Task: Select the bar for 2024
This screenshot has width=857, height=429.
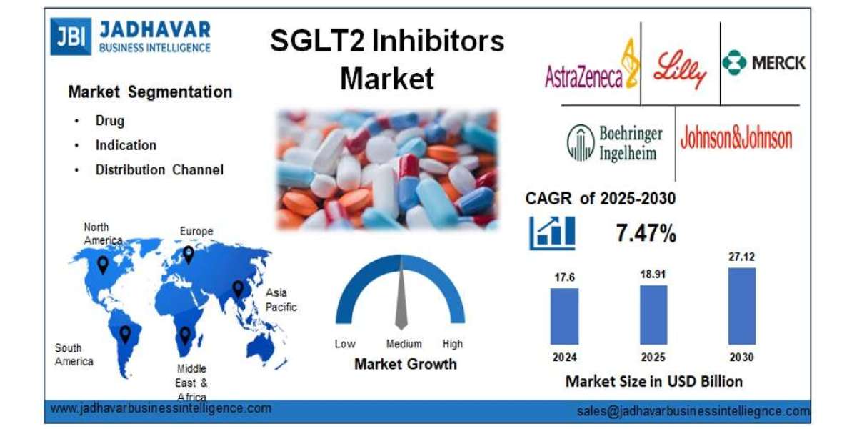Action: click(564, 316)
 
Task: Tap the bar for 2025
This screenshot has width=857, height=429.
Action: click(653, 315)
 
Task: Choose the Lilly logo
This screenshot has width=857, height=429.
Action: click(679, 67)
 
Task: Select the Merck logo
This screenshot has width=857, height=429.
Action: click(763, 63)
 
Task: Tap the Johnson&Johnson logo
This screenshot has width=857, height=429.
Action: click(736, 137)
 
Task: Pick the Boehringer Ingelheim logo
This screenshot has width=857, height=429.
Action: click(615, 142)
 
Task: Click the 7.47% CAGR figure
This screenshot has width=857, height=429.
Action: click(646, 232)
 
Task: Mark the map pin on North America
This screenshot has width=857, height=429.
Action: click(104, 265)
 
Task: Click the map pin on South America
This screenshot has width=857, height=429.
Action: click(126, 333)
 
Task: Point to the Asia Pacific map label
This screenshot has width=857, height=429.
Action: click(281, 300)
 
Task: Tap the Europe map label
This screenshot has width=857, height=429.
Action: click(196, 231)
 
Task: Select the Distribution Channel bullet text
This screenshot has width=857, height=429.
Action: click(159, 169)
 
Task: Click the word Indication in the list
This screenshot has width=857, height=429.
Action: click(126, 145)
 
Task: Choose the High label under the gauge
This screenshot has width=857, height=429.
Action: click(452, 344)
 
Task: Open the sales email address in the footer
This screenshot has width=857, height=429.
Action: click(693, 411)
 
